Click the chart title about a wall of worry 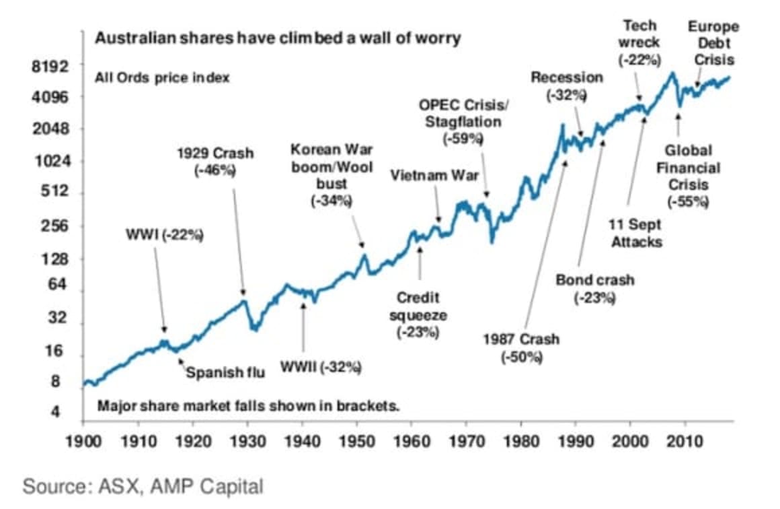click(277, 38)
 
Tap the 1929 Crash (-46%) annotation click(215, 162)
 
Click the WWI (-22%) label click(164, 236)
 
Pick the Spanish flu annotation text click(225, 372)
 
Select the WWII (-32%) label click(321, 367)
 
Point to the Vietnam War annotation click(434, 175)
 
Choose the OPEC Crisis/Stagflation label click(464, 122)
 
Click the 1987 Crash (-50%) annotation click(520, 347)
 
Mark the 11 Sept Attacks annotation click(636, 232)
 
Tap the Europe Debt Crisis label click(713, 43)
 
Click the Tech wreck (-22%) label click(639, 42)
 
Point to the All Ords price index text click(162, 77)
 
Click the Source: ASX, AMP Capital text click(143, 487)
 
